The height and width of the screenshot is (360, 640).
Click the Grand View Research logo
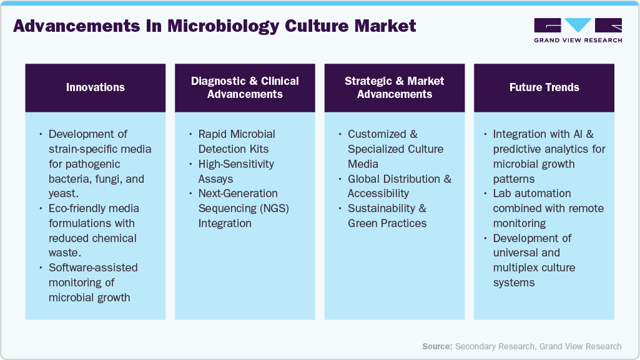coord(578,30)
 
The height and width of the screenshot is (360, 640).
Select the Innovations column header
coord(96,87)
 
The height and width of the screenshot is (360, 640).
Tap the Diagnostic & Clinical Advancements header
coord(245,87)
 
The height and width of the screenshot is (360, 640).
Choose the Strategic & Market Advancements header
coord(395,87)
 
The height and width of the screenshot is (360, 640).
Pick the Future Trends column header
coord(544,87)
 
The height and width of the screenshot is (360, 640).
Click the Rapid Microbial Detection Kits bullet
coord(237,142)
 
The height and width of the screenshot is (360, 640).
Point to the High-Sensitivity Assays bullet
coord(236,171)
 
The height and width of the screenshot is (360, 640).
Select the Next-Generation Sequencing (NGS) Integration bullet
coord(243,208)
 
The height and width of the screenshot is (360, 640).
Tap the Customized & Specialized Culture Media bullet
coord(395,149)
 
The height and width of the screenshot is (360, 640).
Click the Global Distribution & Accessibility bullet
coord(399,186)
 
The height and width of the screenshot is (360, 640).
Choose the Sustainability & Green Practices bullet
coord(387,216)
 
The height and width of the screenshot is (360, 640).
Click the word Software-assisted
coord(93,268)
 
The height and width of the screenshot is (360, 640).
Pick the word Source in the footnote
coord(436,346)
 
